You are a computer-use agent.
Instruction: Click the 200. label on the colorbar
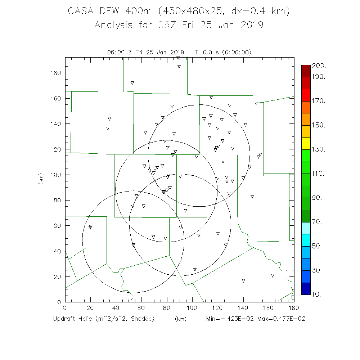coord(319,66)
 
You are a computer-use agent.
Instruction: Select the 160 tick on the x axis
coord(269,308)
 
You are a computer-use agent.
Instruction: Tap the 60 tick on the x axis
coord(141,308)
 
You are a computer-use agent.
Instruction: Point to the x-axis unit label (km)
coord(181,319)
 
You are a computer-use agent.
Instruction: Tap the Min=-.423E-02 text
coord(230,319)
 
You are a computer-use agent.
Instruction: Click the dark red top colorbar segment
coord(306,71)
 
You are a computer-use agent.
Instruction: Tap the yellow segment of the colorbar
coord(306,143)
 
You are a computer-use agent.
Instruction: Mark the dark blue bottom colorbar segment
coord(306,288)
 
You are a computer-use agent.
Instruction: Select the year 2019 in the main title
coord(251,25)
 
